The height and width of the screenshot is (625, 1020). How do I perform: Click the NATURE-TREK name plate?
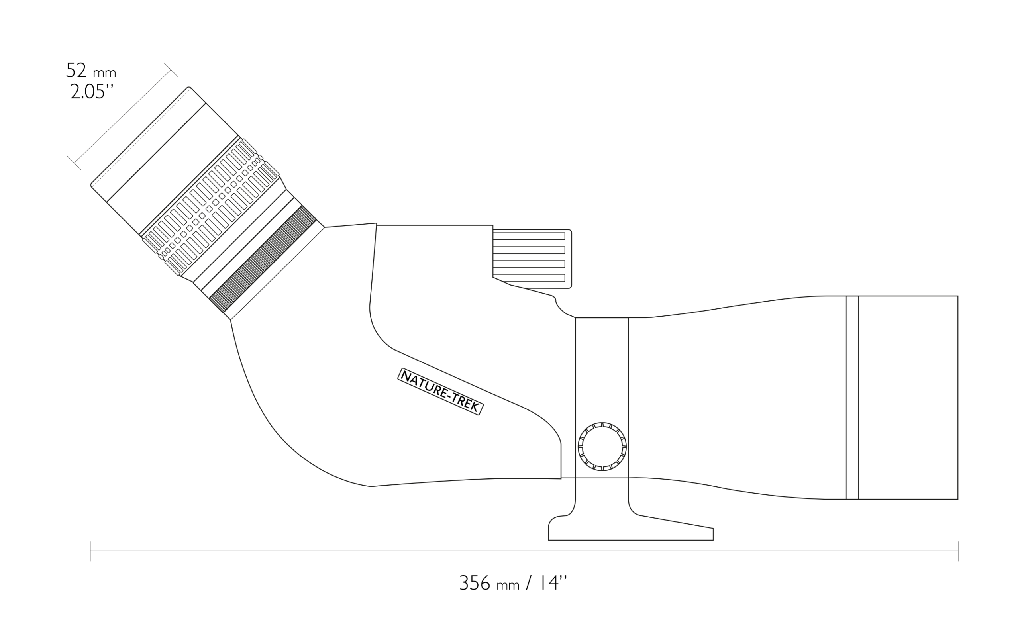pyautogui.click(x=440, y=391)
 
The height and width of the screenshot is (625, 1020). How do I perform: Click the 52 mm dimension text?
pyautogui.click(x=91, y=71)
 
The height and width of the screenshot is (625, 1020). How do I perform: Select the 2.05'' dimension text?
pyautogui.click(x=92, y=92)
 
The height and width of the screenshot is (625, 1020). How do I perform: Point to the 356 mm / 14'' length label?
pyautogui.click(x=512, y=583)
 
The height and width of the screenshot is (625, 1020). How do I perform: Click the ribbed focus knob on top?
pyautogui.click(x=532, y=259)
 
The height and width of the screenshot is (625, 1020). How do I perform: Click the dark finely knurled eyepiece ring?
pyautogui.click(x=263, y=259)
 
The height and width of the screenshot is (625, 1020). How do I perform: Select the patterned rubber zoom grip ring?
pyautogui.click(x=211, y=207)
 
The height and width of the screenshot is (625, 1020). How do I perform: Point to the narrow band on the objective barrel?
pyautogui.click(x=852, y=398)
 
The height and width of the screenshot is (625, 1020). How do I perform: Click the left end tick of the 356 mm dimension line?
pyautogui.click(x=90, y=551)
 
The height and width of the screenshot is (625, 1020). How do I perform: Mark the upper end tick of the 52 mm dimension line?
pyautogui.click(x=171, y=70)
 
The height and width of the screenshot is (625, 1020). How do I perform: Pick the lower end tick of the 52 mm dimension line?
pyautogui.click(x=74, y=163)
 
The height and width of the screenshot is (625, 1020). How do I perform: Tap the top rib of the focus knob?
pyautogui.click(x=529, y=236)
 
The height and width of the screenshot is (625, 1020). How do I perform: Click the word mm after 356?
pyautogui.click(x=508, y=585)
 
